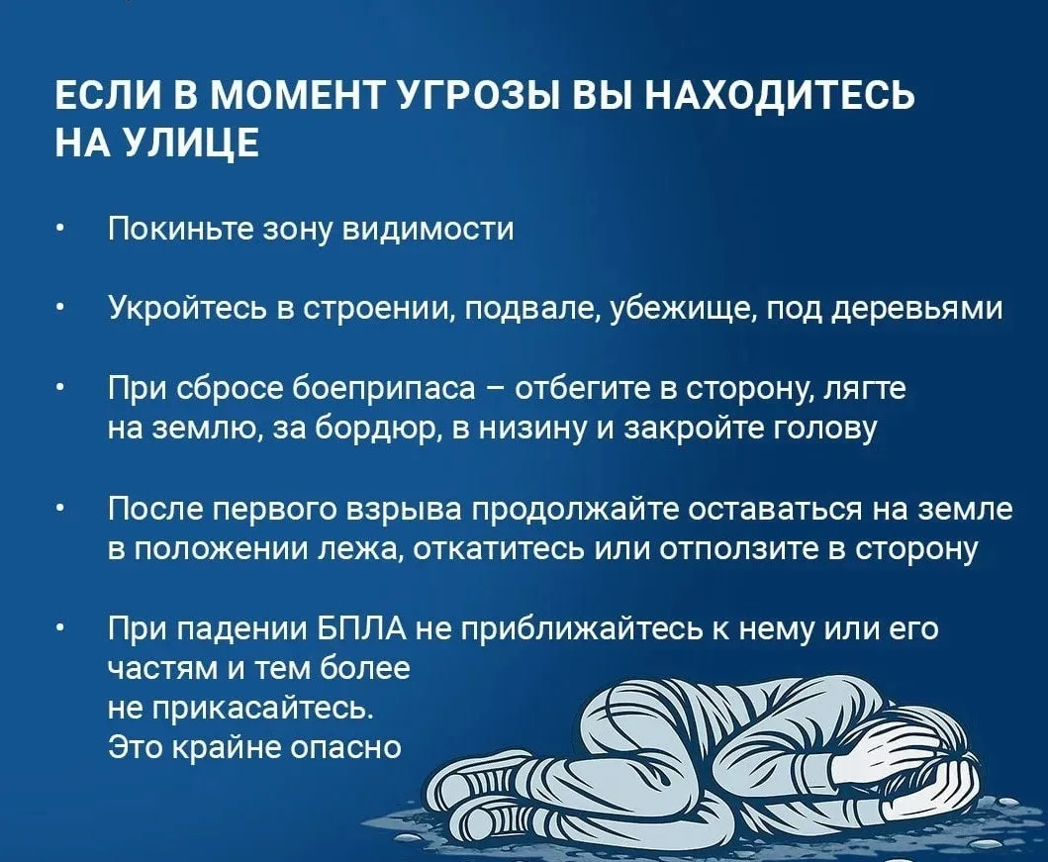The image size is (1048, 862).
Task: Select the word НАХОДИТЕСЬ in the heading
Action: [779, 96]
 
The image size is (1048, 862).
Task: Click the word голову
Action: [824, 429]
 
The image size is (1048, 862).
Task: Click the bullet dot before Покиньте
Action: [60, 231]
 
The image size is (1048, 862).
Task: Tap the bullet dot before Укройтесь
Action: [60, 310]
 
